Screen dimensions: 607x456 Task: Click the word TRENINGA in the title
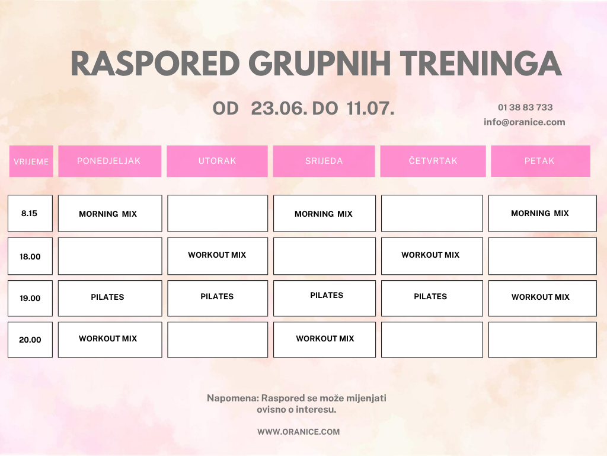(480, 63)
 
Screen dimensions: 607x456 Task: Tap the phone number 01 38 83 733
(525, 107)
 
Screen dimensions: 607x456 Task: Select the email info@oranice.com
(524, 122)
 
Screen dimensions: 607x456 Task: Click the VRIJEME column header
(31, 161)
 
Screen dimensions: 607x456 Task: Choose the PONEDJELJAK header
(110, 161)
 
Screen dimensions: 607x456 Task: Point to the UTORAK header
(217, 161)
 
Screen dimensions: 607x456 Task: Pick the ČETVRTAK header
(433, 161)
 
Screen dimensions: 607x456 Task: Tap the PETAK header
(541, 161)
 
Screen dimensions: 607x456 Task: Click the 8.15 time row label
(30, 213)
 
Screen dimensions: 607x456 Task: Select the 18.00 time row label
(30, 256)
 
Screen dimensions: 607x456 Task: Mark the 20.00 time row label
(30, 340)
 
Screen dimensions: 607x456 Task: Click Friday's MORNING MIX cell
(542, 213)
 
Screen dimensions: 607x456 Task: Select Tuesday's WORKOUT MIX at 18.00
(218, 256)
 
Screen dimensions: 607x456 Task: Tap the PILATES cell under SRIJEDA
(324, 298)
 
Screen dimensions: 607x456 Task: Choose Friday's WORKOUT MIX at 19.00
(542, 298)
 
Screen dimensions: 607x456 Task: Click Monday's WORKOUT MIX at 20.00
(110, 340)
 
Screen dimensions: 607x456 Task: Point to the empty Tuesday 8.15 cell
(218, 213)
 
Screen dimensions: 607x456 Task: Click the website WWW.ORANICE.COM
(299, 432)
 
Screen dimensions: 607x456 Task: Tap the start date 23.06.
(279, 108)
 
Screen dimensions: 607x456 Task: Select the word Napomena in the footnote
(232, 398)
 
